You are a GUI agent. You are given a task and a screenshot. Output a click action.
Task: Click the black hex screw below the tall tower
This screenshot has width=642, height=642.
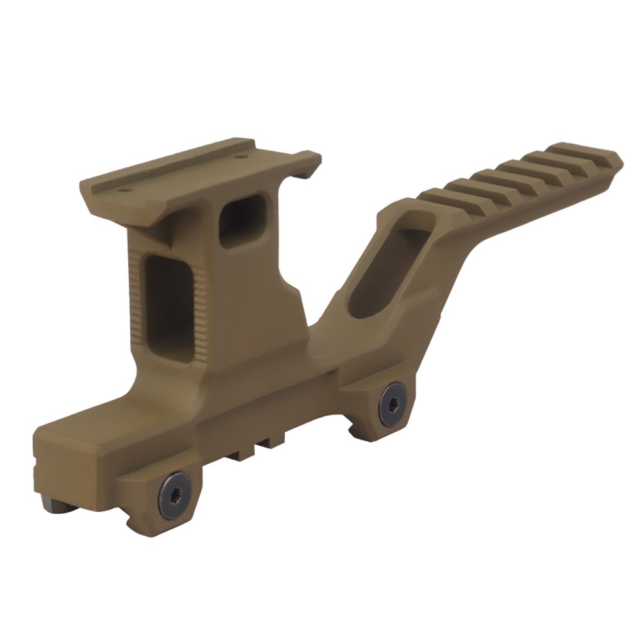[x=175, y=494]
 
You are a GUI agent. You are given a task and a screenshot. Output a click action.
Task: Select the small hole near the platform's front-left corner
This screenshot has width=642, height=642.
[x=126, y=190]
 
